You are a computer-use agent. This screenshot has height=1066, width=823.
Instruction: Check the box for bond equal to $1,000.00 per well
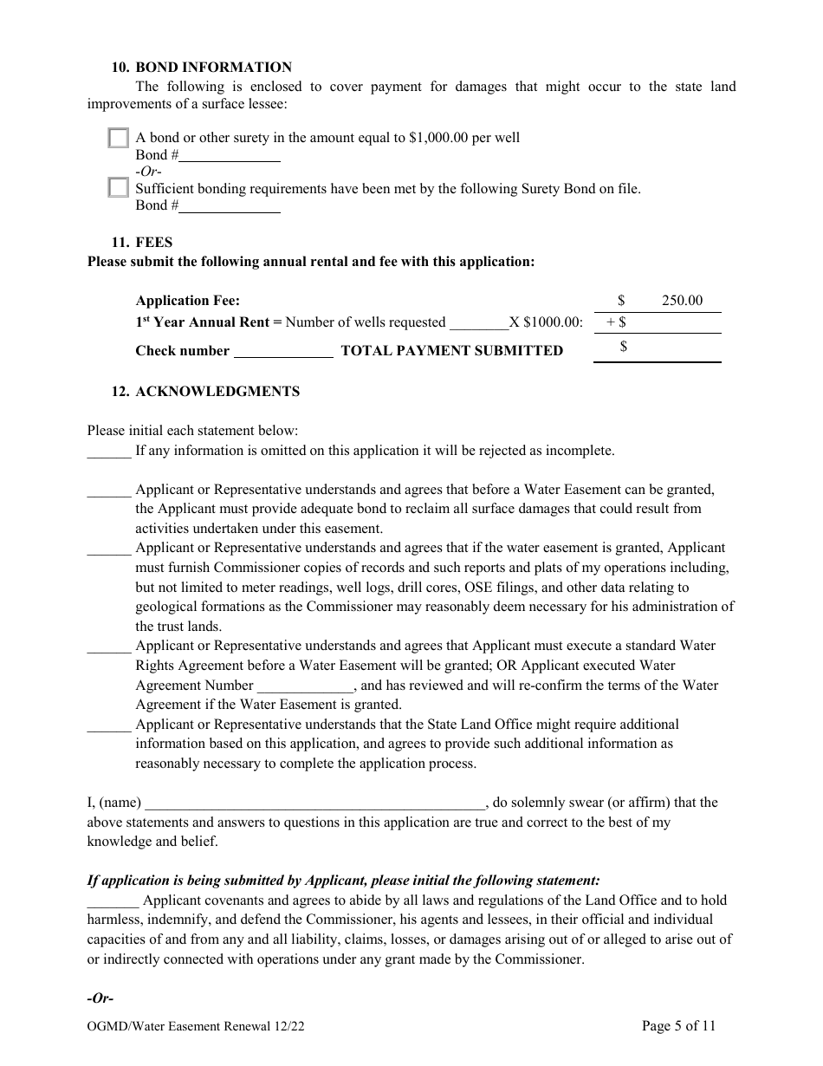pos(119,138)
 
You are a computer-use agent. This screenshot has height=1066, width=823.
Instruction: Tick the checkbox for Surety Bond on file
pos(119,188)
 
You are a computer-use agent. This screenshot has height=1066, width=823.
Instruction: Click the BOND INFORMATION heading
pos(213,68)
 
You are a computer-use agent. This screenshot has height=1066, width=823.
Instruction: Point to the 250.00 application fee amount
pos(682,301)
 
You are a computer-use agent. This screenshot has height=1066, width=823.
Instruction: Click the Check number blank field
pos(283,351)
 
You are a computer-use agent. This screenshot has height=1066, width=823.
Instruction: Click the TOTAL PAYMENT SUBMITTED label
pos(451,351)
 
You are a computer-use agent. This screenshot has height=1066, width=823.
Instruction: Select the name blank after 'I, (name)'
pos(315,803)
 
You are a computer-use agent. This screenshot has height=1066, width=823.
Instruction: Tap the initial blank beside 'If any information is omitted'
pos(109,452)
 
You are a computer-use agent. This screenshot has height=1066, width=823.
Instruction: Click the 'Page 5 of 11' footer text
pos(678,1027)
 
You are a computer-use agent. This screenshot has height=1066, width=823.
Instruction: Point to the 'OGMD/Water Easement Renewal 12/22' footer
pos(196,1027)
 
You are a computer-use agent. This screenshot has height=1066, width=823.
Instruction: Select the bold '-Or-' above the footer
pos(100,998)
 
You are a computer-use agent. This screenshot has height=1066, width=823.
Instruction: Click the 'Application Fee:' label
pos(188,301)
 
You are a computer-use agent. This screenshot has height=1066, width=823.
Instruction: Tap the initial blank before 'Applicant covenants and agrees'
pos(113,900)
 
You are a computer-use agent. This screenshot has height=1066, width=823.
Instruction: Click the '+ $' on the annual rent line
pos(616,322)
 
